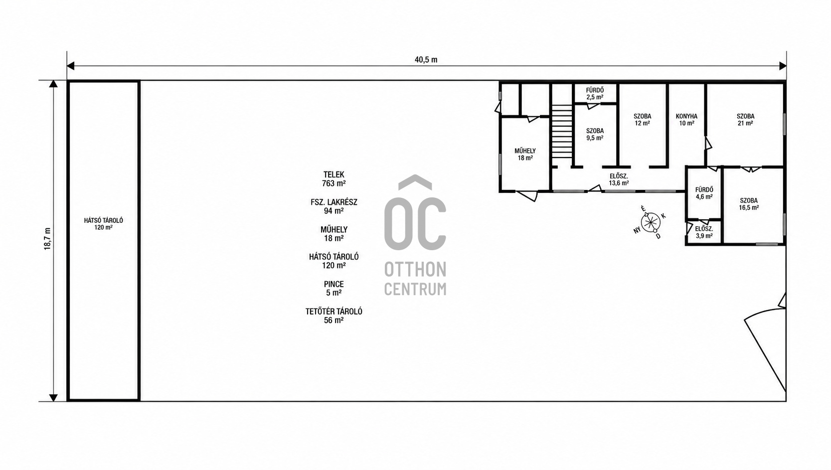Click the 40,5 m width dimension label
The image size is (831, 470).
coord(426,60)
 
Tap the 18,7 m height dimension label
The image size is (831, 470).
coord(47,239)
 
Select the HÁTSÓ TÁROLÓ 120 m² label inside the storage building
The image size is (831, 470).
coord(104,224)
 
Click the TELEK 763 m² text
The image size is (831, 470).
coord(334,179)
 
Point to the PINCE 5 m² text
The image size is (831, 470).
coord(334,288)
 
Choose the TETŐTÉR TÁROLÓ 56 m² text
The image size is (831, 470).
coord(334,315)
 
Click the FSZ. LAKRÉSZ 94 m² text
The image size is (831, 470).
coord(334,206)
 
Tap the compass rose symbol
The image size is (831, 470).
coord(650,223)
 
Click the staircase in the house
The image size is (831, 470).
coord(562,131)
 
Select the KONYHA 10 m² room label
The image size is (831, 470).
coord(687,120)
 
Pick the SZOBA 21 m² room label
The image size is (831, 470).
coord(745,120)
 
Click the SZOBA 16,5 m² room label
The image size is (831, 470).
coord(749,204)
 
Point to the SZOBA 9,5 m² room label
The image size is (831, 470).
coord(595,134)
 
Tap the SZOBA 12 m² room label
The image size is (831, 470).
coord(642,120)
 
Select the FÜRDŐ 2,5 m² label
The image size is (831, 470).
coord(595,94)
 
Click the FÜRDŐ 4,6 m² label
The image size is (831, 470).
coord(704,193)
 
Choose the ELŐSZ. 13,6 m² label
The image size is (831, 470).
coord(619,179)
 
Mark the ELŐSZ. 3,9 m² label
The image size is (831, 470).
coord(704,232)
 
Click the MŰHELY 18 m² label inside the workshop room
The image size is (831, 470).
coord(525,155)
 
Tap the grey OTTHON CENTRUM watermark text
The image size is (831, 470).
coord(415,278)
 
